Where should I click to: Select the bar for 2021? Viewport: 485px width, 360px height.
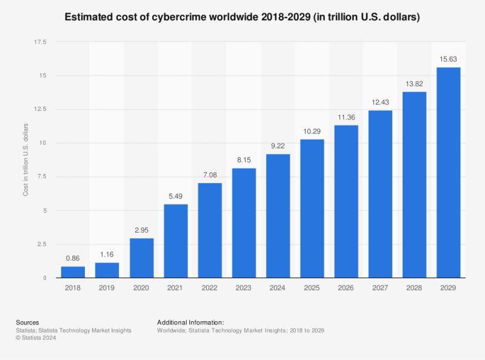point(175,241)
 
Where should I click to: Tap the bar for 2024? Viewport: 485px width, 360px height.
point(278,216)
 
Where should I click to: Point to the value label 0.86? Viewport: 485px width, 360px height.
point(73,258)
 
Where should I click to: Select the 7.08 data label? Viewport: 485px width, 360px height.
point(209,175)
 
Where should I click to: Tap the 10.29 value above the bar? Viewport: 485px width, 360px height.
point(312,131)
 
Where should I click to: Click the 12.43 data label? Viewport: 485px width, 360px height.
point(380,102)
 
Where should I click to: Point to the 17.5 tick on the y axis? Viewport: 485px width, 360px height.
point(40,42)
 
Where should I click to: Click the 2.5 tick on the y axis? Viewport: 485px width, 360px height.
point(42,244)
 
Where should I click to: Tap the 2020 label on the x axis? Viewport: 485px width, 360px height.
point(141,288)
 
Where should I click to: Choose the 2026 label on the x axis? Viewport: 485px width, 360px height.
point(346,288)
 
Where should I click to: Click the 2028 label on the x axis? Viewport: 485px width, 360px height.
point(414,288)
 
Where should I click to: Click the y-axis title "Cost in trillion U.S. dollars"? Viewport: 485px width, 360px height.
point(26,160)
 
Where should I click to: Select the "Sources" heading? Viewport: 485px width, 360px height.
point(27,322)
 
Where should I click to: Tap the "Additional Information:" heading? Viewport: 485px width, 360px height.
point(190,322)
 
